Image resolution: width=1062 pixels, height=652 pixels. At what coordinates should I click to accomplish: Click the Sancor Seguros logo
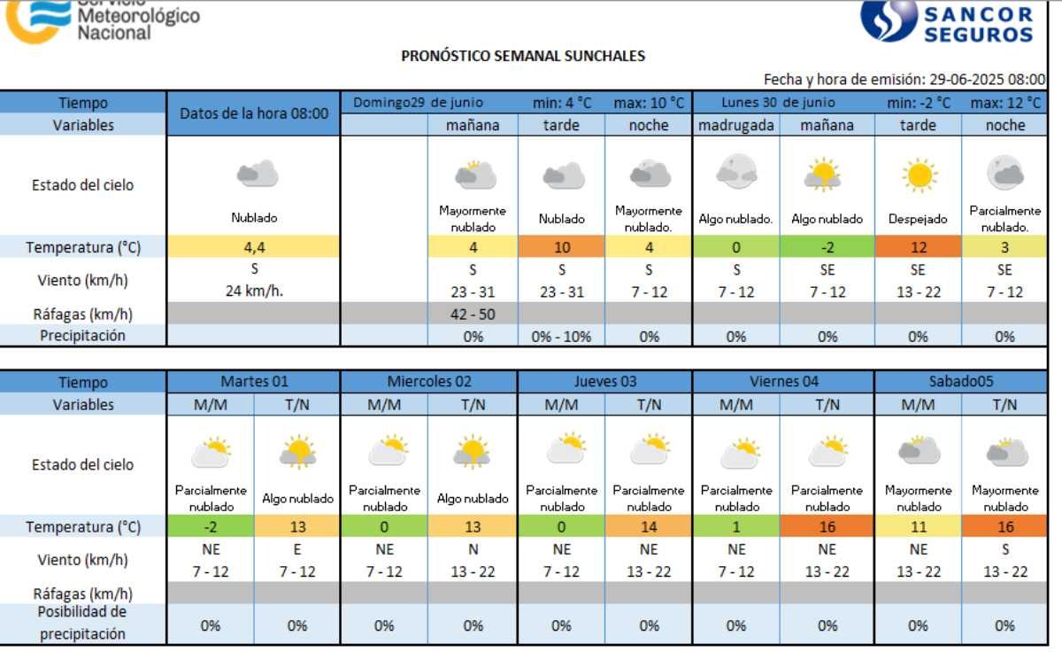(x=947, y=21)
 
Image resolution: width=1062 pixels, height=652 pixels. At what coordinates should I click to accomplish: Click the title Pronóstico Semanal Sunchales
(x=523, y=56)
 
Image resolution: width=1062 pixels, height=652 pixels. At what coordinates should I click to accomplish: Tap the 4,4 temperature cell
(x=253, y=247)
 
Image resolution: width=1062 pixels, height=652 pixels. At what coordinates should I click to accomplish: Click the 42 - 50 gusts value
(x=473, y=314)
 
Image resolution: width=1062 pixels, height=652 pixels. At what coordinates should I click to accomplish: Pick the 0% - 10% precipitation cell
(x=561, y=336)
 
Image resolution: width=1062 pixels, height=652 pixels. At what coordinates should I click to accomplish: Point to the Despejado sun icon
(x=919, y=175)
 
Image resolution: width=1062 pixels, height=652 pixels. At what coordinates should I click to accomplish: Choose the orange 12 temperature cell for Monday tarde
(x=918, y=247)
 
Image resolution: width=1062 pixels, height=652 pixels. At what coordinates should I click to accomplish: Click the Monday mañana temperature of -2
(x=827, y=247)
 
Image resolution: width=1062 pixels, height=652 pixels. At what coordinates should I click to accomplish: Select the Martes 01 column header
(x=253, y=382)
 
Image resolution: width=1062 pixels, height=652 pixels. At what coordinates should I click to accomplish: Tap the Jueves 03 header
(x=604, y=382)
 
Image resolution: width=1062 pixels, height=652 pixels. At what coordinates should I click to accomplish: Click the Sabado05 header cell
(x=961, y=382)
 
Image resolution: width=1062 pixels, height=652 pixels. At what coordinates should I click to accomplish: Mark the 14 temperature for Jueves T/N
(x=649, y=527)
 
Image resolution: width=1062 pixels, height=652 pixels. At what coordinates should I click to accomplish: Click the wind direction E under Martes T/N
(x=297, y=549)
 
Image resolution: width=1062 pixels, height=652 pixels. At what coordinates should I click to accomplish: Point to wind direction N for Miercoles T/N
(x=473, y=549)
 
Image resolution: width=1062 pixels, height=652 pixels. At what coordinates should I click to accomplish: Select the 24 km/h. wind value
(x=253, y=291)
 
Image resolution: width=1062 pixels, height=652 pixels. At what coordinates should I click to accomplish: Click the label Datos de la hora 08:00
(x=253, y=113)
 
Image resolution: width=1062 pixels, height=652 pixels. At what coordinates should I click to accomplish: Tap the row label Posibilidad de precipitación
(x=83, y=624)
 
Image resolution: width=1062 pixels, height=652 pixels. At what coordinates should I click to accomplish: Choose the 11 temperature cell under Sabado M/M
(x=918, y=527)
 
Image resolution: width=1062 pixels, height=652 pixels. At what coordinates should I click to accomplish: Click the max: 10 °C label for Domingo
(x=649, y=103)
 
